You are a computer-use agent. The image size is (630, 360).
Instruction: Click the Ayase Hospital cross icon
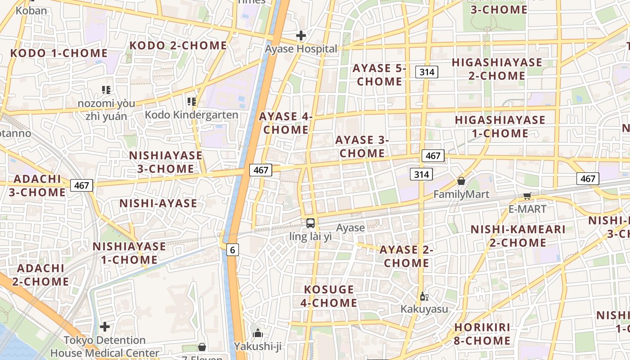coord(301,35)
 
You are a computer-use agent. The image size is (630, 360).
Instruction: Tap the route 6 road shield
coord(232,250)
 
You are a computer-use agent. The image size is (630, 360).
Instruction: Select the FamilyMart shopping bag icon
coord(461,181)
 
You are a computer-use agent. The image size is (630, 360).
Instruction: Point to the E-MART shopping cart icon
coord(527,196)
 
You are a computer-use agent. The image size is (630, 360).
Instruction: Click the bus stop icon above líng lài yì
coord(310,223)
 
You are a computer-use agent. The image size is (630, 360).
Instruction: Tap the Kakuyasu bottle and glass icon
coord(423,296)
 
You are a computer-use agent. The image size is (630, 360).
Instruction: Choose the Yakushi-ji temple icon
coord(258,333)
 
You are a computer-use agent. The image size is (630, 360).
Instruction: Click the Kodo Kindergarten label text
coord(191,115)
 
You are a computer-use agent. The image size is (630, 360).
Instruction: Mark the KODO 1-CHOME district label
coord(59,53)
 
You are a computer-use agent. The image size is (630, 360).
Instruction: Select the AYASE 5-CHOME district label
coord(379,75)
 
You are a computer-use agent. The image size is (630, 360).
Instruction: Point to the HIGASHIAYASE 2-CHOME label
coord(497,69)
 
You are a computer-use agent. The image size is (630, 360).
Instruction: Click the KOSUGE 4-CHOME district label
coord(328,296)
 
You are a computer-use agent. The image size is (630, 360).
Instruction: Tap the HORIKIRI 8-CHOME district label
coord(482,334)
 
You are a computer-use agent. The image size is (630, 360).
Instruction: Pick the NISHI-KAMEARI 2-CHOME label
coord(517,236)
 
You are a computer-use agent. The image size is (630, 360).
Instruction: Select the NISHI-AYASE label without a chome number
coord(158,203)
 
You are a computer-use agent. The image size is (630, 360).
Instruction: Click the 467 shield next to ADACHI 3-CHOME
coord(81,185)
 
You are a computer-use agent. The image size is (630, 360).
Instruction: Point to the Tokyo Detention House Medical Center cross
coord(105,326)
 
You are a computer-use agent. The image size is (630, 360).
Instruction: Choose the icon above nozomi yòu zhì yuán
coord(106,90)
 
